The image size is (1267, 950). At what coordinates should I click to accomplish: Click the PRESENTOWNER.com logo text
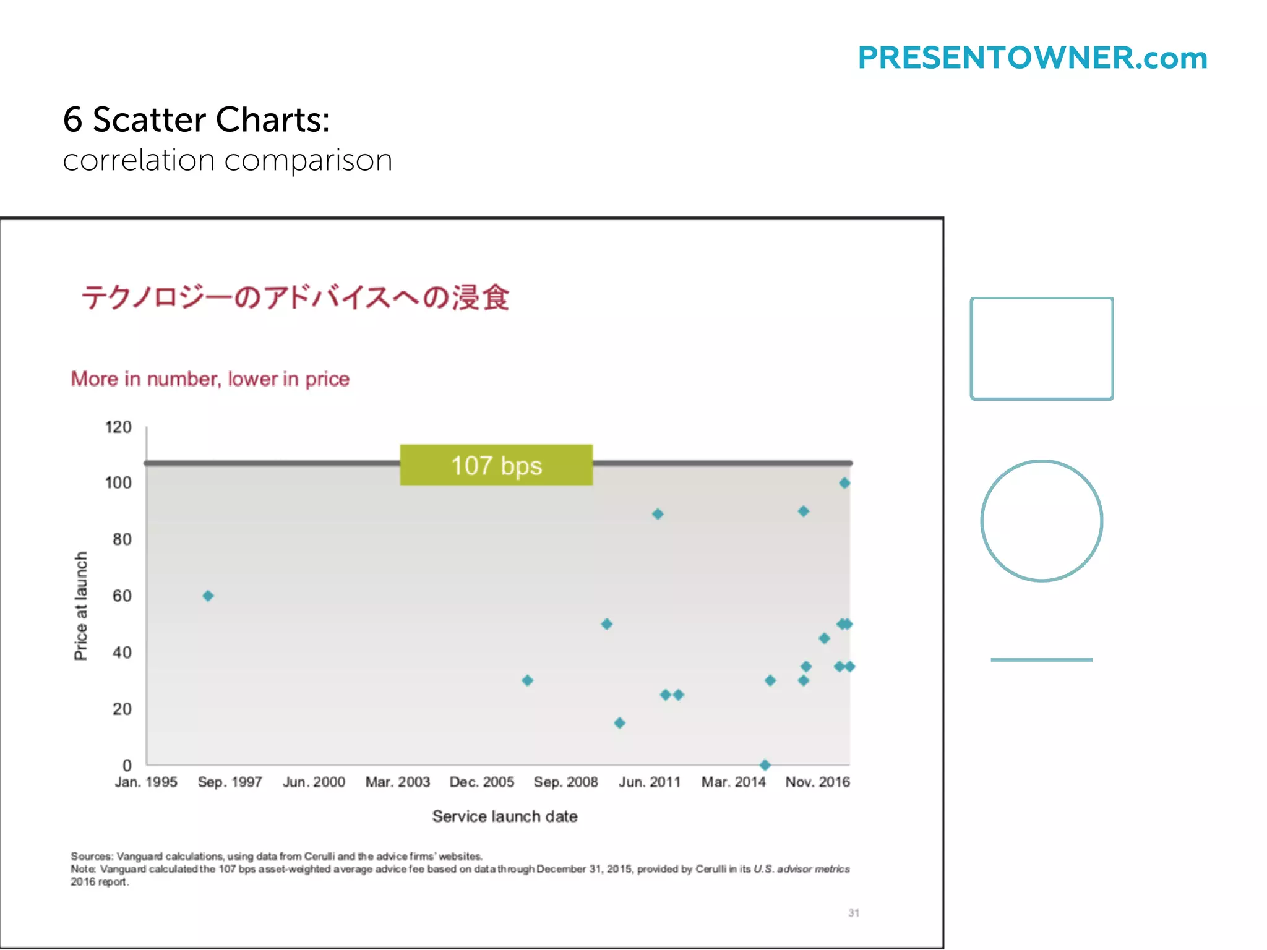pos(1032,58)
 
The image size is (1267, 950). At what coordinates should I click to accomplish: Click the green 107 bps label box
pos(496,465)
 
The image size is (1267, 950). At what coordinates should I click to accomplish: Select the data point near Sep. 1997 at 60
pos(208,596)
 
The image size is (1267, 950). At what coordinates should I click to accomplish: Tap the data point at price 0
pos(765,765)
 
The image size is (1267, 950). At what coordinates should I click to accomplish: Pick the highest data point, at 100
pos(844,483)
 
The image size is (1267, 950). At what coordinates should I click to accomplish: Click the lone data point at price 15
pos(619,723)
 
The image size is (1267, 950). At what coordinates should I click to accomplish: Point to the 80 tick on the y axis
pos(122,539)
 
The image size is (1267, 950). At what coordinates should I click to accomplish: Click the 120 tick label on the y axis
pos(118,427)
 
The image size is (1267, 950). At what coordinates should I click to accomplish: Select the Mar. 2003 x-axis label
pos(397,782)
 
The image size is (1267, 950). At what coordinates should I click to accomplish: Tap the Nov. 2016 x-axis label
pos(817,782)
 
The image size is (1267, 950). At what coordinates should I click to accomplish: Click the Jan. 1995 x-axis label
pos(146,782)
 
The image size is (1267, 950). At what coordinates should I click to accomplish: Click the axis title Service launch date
pos(505,816)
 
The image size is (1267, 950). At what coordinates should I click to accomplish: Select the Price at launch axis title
pos(81,606)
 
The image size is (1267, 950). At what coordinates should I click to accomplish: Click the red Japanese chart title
pos(295,297)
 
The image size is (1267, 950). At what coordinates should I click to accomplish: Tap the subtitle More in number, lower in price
pos(210,379)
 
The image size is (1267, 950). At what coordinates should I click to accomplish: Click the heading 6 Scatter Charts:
pos(196,119)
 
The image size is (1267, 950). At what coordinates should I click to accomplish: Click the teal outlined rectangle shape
pos(1042,349)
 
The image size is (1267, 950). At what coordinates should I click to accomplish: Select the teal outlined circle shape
pos(1042,521)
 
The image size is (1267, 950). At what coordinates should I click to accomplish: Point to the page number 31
pos(853,913)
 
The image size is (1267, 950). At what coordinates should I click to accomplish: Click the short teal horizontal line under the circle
pos(1042,660)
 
